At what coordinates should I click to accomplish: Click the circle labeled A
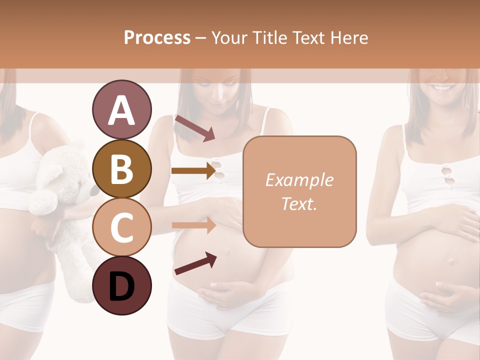[x=121, y=110]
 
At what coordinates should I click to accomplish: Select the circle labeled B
[x=121, y=169]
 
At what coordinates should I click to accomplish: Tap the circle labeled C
[x=121, y=227]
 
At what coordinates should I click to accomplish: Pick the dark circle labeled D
[x=121, y=285]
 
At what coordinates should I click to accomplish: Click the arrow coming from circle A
[x=194, y=128]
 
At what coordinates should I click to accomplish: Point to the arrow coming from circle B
[x=193, y=171]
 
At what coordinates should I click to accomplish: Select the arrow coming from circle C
[x=193, y=225]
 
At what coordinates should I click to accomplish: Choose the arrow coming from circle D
[x=195, y=263]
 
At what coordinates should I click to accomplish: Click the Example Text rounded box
[x=299, y=191]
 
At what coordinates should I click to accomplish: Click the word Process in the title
[x=157, y=38]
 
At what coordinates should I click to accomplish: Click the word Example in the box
[x=299, y=180]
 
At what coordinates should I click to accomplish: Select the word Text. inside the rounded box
[x=299, y=204]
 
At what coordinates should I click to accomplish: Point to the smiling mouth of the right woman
[x=442, y=88]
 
